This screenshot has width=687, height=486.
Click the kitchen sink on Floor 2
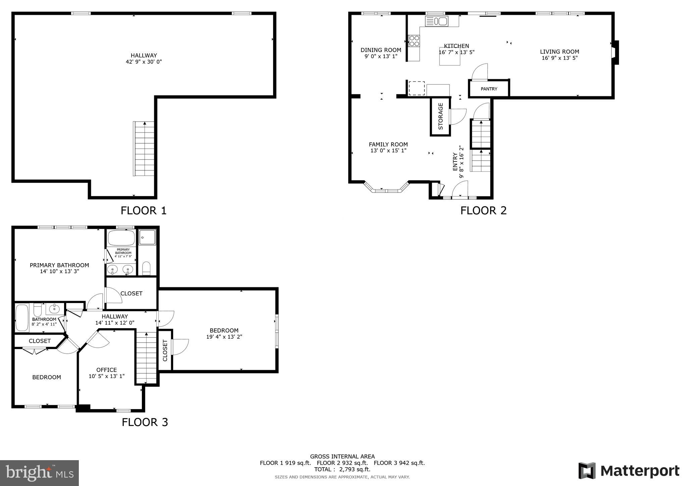tap(436, 21)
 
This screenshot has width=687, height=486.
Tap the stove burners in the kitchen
tap(414, 41)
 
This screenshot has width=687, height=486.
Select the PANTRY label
tap(489, 89)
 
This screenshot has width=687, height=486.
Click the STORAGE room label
tap(440, 116)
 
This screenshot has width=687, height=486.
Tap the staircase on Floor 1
tap(144, 149)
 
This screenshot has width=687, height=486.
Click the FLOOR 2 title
tap(483, 210)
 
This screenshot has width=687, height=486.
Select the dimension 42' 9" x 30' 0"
tap(144, 62)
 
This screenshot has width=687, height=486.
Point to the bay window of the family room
tap(386, 189)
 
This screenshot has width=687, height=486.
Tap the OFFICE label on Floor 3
tap(106, 370)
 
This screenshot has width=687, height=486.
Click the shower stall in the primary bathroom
tap(147, 237)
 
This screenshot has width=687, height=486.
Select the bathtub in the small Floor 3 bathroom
tap(22, 318)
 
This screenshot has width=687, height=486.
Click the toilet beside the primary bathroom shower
tap(147, 268)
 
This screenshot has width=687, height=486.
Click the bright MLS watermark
tap(39, 473)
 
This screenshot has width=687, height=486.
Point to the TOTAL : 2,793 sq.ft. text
tap(342, 469)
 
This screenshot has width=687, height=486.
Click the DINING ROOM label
tap(381, 50)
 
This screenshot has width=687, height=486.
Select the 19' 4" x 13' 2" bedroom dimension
tap(224, 337)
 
